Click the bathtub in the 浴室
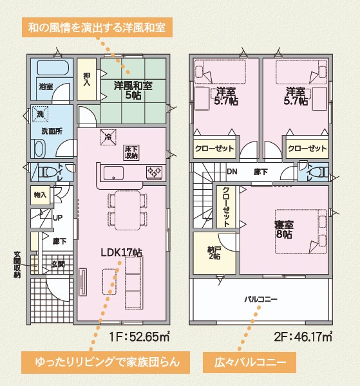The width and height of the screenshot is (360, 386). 53,68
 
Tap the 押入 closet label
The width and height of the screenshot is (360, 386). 87,79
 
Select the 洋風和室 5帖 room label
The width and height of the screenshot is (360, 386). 133,90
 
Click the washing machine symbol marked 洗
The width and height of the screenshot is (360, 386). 40,114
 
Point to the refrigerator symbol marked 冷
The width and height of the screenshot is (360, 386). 108,137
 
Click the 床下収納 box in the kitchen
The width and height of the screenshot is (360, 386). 131,152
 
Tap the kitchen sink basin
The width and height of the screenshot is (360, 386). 113,173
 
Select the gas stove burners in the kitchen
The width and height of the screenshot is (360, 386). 155,172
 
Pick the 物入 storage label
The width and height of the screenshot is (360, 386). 40,196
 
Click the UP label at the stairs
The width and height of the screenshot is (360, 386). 58,218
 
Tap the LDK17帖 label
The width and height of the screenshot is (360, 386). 121,253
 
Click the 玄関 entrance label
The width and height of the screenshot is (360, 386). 58,264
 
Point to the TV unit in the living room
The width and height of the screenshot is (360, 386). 82,282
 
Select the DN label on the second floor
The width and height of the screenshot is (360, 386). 232,171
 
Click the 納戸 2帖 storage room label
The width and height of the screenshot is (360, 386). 214,253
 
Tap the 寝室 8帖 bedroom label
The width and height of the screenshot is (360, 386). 284,230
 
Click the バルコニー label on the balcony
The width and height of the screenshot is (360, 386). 261,299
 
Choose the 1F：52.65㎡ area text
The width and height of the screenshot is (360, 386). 140,336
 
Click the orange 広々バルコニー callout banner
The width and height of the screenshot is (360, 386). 249,362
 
